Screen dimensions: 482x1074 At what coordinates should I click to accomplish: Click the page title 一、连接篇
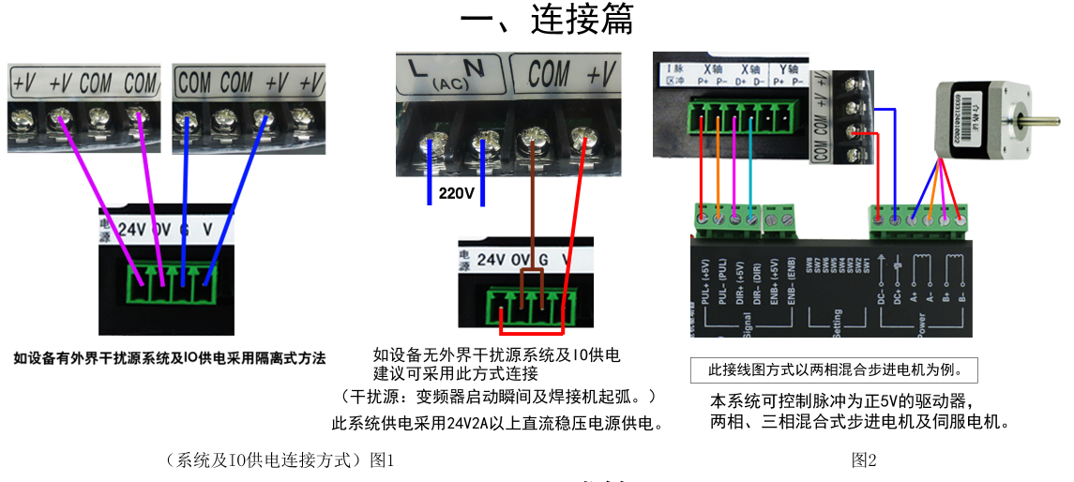pyautogui.click(x=547, y=20)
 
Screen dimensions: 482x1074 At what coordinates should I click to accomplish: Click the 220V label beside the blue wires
pyautogui.click(x=457, y=195)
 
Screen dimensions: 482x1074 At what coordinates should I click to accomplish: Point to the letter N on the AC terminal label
pyautogui.click(x=474, y=68)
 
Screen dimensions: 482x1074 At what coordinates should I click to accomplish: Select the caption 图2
pyautogui.click(x=864, y=459)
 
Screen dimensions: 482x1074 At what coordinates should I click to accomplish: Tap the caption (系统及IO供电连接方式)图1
pyautogui.click(x=280, y=459)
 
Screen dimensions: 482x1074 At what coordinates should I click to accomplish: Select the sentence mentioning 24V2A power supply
pyautogui.click(x=498, y=424)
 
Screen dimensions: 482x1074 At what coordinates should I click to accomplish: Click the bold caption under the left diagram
pyautogui.click(x=170, y=358)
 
